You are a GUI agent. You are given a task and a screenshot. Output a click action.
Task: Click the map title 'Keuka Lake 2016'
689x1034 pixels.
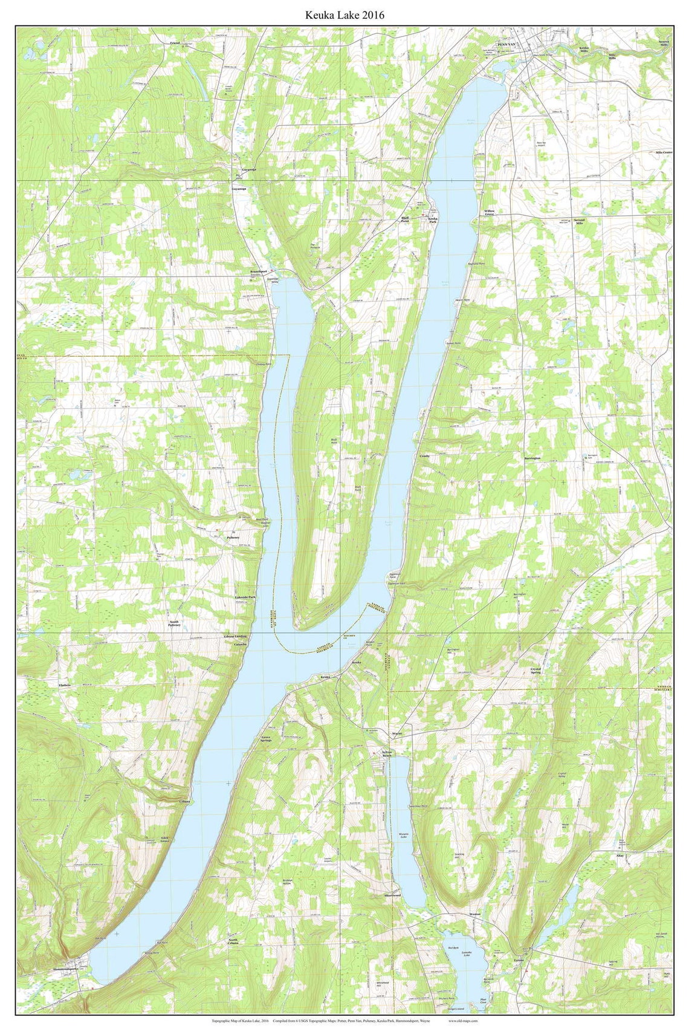pyautogui.click(x=344, y=15)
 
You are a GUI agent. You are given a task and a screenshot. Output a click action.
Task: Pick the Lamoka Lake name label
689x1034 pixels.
pyautogui.click(x=465, y=954)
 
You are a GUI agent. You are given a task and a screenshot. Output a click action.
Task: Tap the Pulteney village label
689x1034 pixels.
pyautogui.click(x=233, y=537)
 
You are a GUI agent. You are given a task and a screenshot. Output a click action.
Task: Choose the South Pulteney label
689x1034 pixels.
pyautogui.click(x=175, y=625)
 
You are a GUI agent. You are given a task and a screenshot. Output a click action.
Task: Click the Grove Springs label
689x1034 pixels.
pyautogui.click(x=266, y=739)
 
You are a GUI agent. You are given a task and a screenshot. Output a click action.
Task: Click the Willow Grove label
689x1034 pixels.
pyautogui.click(x=490, y=212)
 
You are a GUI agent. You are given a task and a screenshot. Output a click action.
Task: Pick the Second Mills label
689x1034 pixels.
pyautogui.click(x=579, y=222)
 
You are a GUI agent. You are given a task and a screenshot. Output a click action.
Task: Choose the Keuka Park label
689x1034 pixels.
pyautogui.click(x=433, y=220)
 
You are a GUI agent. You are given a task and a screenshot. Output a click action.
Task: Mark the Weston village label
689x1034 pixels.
pyautogui.click(x=474, y=914)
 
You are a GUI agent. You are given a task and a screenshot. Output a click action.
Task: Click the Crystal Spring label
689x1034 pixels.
pyautogui.click(x=535, y=671)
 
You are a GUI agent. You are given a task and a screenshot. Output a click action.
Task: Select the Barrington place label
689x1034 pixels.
pyautogui.click(x=532, y=459)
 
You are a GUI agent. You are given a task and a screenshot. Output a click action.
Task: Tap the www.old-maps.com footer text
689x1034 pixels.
pyautogui.click(x=463, y=1021)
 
